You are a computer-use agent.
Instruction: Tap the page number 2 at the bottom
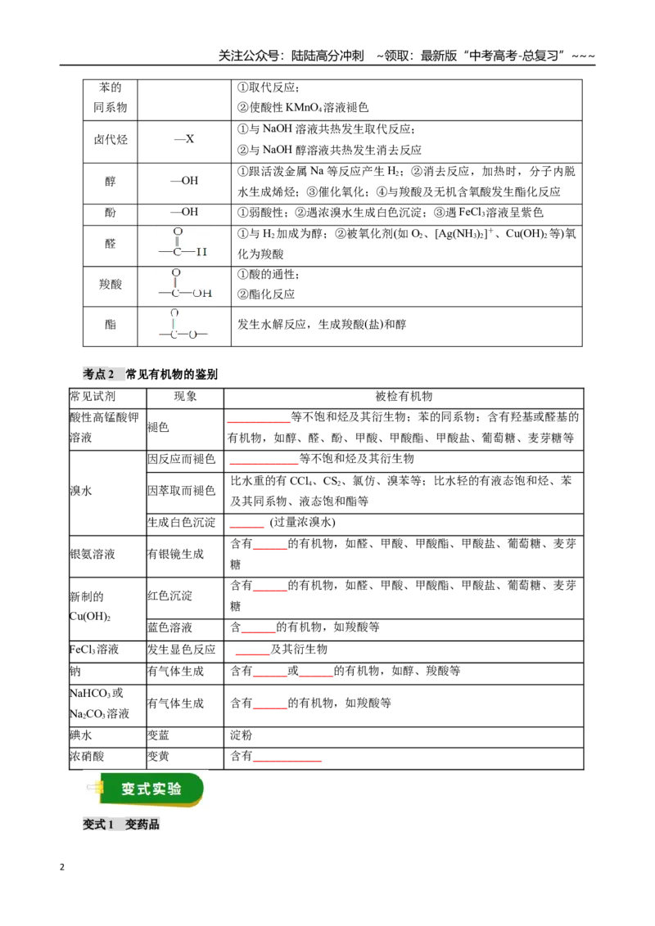coord(62,868)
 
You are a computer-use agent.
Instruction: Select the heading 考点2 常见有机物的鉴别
coord(150,374)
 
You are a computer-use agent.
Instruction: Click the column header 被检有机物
coord(404,396)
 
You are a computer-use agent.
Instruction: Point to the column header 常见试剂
coord(93,396)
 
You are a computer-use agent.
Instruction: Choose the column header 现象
coord(185,396)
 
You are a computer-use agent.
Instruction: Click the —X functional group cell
coord(184,139)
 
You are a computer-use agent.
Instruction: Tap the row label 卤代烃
coord(111,140)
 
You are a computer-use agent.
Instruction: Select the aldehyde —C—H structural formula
coord(183,243)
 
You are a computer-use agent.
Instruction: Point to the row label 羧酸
coord(111,285)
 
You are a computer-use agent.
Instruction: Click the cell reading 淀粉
coord(242,735)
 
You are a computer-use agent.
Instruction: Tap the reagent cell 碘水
coord(81,735)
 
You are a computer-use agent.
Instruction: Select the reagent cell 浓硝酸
coord(87,757)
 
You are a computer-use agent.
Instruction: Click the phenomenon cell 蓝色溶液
coord(169,627)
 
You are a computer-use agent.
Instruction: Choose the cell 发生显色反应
coord(182,649)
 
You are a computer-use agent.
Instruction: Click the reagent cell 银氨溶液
coord(93,554)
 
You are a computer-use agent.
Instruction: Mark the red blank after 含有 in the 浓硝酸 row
coord(287,761)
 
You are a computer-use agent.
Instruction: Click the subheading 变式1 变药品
coord(121,825)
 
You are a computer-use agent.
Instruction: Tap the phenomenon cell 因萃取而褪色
coord(182,491)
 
